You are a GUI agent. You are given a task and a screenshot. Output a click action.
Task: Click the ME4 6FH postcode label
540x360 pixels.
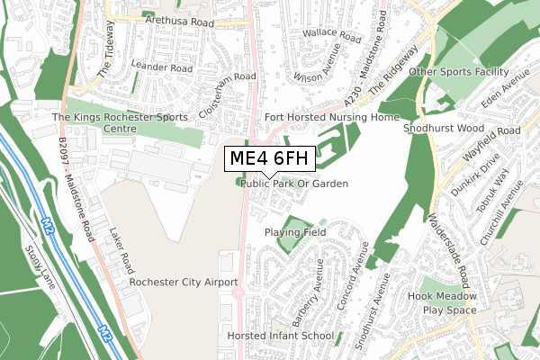269,159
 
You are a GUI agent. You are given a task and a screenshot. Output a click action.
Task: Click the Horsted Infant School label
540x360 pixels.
281,336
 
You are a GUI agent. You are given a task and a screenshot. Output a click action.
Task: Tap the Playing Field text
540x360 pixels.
295,231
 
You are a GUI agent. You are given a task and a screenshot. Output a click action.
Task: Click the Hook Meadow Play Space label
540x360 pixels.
460,301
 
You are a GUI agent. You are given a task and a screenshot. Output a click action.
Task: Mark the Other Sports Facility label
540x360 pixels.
458,71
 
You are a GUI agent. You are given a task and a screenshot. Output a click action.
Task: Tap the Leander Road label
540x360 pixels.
162,67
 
